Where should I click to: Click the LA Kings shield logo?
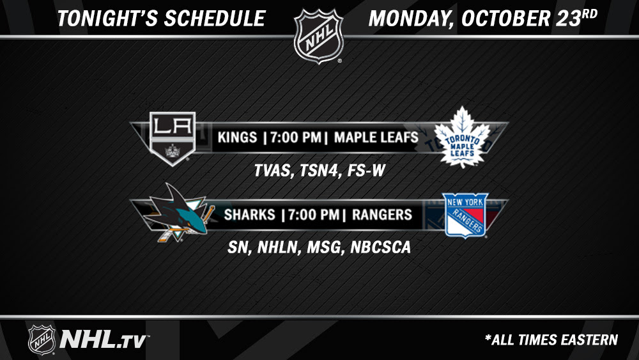point(173,139)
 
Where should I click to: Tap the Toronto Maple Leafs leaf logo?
point(462,137)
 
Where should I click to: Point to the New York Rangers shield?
point(465,215)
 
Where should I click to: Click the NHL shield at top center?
point(319,36)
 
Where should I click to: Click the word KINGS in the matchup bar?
point(237,137)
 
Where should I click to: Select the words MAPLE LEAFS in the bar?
point(376,137)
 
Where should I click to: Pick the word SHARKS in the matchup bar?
point(249,214)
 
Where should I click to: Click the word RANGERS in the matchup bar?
point(382,214)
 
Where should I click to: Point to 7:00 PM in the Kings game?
point(296,137)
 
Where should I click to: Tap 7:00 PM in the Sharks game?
point(314,214)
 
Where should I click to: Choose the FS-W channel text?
point(366,171)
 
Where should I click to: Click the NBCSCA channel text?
point(380,247)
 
